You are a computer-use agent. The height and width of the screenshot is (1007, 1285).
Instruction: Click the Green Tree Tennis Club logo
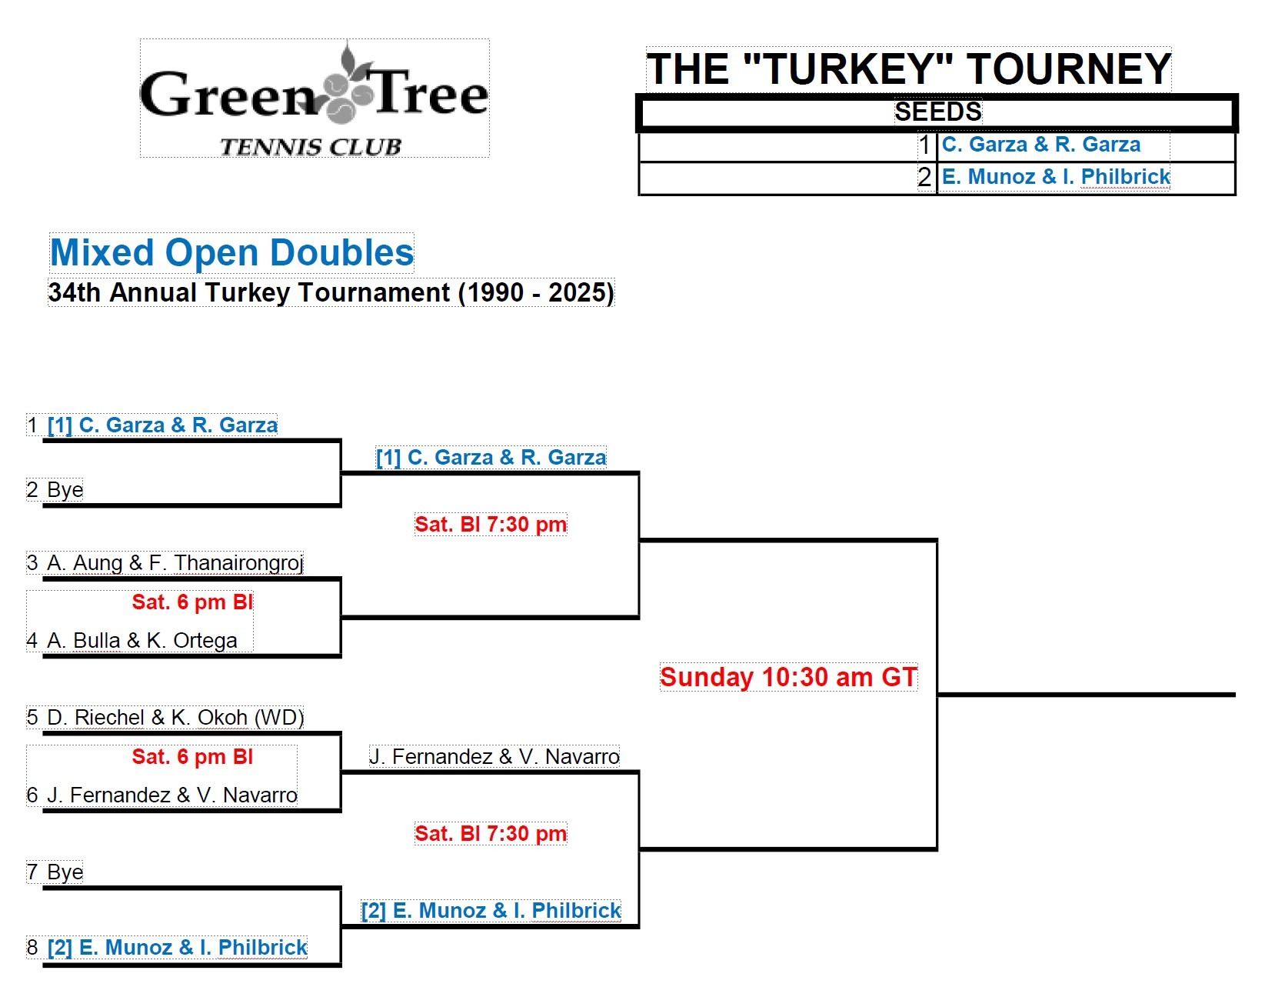[x=314, y=98]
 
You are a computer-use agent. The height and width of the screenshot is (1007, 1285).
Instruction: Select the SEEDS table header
[x=937, y=112]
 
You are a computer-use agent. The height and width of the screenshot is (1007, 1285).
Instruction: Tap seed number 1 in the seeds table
[x=924, y=145]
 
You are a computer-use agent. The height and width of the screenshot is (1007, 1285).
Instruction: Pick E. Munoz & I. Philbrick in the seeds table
[x=1055, y=177]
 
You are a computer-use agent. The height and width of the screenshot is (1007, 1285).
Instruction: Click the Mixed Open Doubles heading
[x=231, y=252]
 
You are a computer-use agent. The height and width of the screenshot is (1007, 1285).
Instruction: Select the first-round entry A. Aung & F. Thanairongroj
[x=175, y=563]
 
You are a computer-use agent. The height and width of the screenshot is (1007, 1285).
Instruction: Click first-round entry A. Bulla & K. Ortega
[x=141, y=640]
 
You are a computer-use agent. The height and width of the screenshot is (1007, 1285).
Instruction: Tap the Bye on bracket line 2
[x=65, y=490]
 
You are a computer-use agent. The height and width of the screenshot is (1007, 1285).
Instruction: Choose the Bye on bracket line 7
[x=65, y=872]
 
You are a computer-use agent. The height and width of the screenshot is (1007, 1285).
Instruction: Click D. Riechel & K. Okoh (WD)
[x=175, y=718]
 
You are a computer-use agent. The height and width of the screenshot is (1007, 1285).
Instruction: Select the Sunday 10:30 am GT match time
[x=788, y=677]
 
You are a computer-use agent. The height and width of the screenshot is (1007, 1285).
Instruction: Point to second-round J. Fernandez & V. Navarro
[x=494, y=757]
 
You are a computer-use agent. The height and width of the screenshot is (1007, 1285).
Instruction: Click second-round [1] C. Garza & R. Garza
[x=491, y=458]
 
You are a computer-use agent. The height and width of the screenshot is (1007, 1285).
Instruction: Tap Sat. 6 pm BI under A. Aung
[x=191, y=602]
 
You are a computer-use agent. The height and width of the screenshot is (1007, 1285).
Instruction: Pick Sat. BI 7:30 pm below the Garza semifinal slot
[x=490, y=525]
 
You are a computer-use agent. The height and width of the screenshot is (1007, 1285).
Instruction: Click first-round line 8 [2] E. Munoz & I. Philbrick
[x=177, y=947]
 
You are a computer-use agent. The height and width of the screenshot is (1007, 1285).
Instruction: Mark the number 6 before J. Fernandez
[x=32, y=795]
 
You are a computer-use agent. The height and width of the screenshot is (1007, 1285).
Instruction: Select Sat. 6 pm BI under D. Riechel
[x=191, y=757]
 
